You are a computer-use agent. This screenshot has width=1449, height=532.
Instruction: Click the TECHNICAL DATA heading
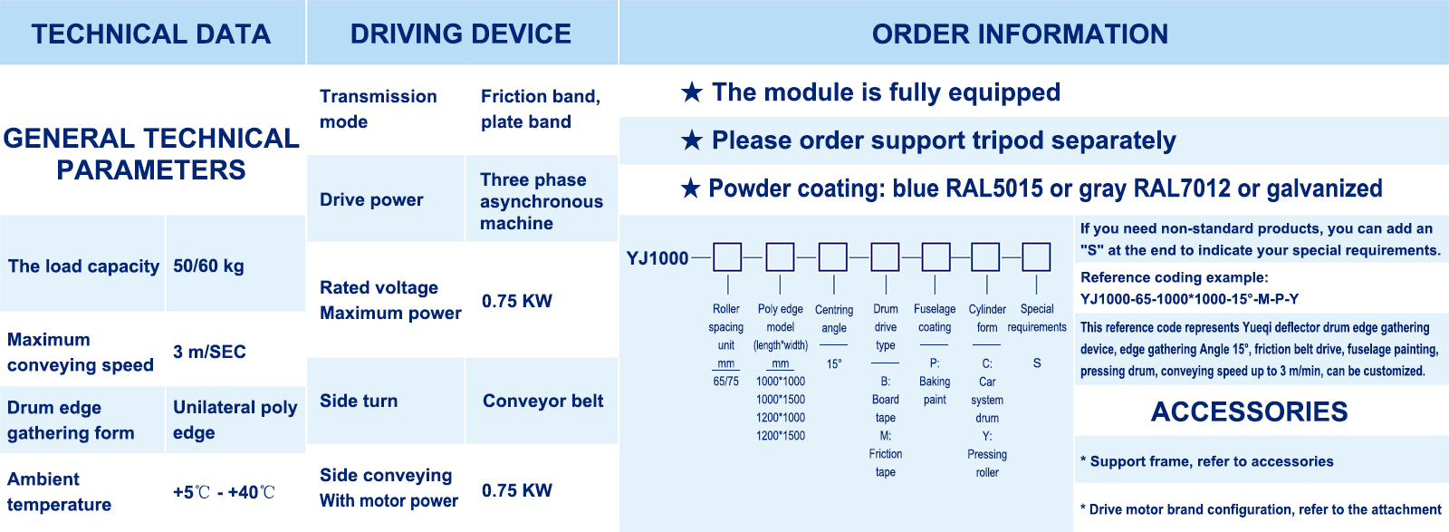[150, 34]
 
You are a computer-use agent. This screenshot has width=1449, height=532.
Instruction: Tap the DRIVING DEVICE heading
[461, 34]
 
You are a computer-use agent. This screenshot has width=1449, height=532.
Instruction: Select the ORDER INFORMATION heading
[1020, 34]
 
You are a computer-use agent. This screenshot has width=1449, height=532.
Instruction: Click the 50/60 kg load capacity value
[208, 266]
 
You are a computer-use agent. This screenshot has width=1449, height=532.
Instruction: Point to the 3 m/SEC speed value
[209, 352]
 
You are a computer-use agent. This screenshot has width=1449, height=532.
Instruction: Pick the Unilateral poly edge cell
[235, 420]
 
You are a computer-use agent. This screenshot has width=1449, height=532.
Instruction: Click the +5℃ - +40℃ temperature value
[224, 492]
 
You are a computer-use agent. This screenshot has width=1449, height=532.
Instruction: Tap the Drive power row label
[371, 199]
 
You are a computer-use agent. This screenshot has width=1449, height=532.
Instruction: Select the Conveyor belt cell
[542, 401]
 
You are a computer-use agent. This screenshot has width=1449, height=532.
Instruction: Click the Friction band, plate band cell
[541, 109]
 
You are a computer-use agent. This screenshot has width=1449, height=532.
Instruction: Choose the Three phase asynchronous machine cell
[542, 201]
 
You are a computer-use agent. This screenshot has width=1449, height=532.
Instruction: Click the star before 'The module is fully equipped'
[692, 92]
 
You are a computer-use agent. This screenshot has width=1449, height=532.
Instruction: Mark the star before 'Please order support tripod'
[692, 140]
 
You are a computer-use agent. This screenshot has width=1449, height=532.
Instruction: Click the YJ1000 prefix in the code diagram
[657, 258]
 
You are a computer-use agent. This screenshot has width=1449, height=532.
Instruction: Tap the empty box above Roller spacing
[727, 257]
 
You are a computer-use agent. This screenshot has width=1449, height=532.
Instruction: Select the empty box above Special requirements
[1036, 257]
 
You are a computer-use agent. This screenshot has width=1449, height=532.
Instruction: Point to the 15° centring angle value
[834, 363]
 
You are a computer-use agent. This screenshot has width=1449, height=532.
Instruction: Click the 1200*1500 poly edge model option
[781, 436]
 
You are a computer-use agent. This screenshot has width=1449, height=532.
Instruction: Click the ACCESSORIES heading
[1249, 411]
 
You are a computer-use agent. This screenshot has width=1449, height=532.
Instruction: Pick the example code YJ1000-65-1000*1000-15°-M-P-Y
[1190, 299]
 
